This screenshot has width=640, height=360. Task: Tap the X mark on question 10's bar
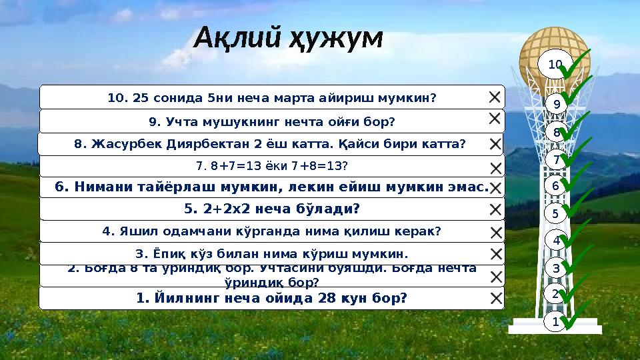[x=495, y=97]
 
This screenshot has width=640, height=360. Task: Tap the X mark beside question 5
[x=495, y=210]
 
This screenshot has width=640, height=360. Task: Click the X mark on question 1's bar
[x=495, y=299]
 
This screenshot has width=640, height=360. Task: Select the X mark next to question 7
[x=495, y=167]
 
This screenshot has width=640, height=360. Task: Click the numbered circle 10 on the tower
[x=555, y=64]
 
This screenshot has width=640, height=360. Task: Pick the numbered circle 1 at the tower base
[x=555, y=322]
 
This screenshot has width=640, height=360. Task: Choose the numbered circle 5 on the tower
[x=555, y=214]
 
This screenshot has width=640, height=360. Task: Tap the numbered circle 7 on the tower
[x=555, y=160]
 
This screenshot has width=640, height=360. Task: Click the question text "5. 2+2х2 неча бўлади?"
[x=271, y=209]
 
